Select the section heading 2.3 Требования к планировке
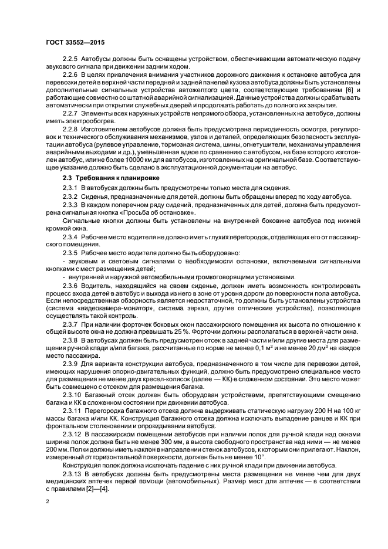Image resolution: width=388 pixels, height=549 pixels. click(x=100, y=177)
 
